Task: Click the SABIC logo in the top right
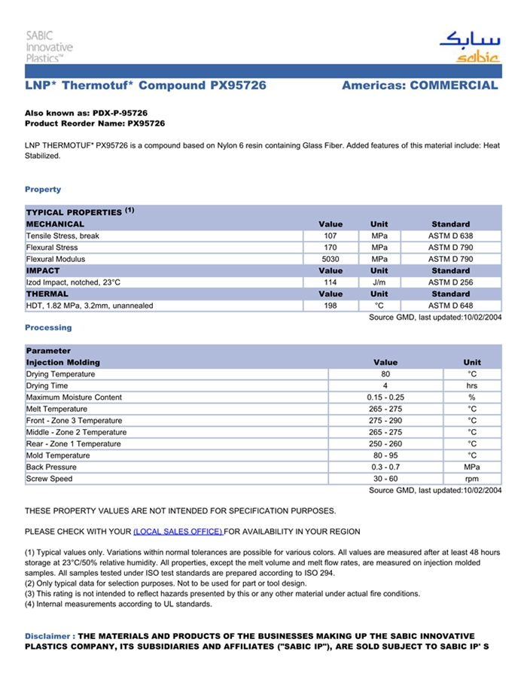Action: (470, 47)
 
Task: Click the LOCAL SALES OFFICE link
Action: (178, 531)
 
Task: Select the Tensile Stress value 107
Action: (330, 236)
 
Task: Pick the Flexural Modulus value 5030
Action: (330, 259)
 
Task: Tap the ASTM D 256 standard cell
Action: (450, 282)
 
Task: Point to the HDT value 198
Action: (330, 306)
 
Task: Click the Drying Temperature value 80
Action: (385, 374)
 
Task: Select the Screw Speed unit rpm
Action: (472, 479)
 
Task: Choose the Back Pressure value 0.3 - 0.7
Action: (385, 467)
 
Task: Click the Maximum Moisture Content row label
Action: (74, 397)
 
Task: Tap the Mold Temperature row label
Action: (58, 455)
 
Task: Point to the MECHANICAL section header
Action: (55, 224)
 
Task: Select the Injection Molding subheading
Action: (62, 363)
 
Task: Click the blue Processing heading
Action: (48, 327)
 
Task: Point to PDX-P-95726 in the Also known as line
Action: (120, 112)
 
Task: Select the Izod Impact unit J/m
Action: (379, 282)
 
